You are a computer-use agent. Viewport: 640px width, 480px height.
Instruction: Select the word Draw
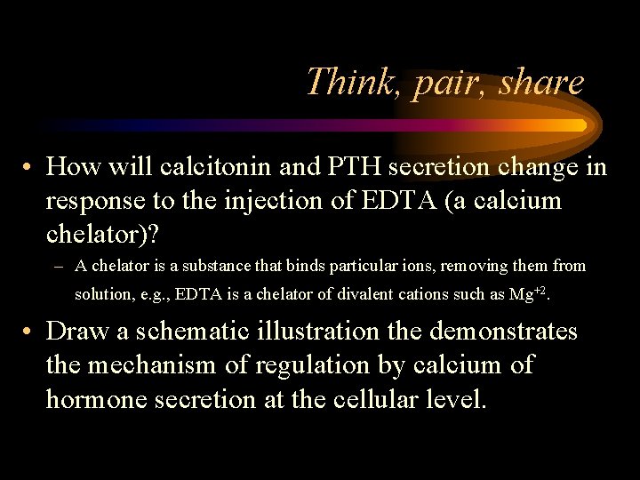tap(79, 332)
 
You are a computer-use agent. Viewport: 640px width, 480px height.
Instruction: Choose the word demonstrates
tap(503, 332)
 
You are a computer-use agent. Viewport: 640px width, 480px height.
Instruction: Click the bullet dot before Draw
tap(29, 332)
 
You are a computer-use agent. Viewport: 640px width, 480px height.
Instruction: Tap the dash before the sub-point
tap(59, 267)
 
